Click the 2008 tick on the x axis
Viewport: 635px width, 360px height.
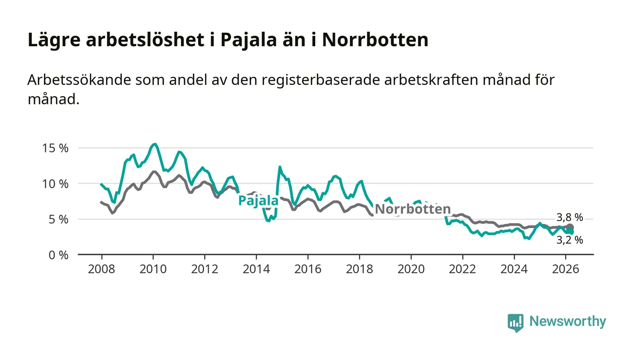click(102, 268)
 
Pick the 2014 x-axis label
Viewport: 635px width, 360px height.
click(256, 268)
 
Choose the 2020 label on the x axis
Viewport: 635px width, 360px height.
click(411, 268)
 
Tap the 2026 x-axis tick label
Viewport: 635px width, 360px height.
click(566, 268)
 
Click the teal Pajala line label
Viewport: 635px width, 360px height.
click(258, 200)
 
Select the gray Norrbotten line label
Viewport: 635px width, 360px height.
click(413, 209)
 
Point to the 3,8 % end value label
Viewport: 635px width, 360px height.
click(570, 217)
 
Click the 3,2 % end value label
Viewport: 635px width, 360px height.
click(570, 240)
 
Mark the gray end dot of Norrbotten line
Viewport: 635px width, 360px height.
click(570, 227)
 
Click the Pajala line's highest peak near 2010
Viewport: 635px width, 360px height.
click(155, 144)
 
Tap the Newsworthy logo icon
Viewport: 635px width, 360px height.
click(515, 322)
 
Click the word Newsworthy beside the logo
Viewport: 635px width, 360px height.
click(567, 321)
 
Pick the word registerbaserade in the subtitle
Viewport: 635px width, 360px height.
click(312, 80)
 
